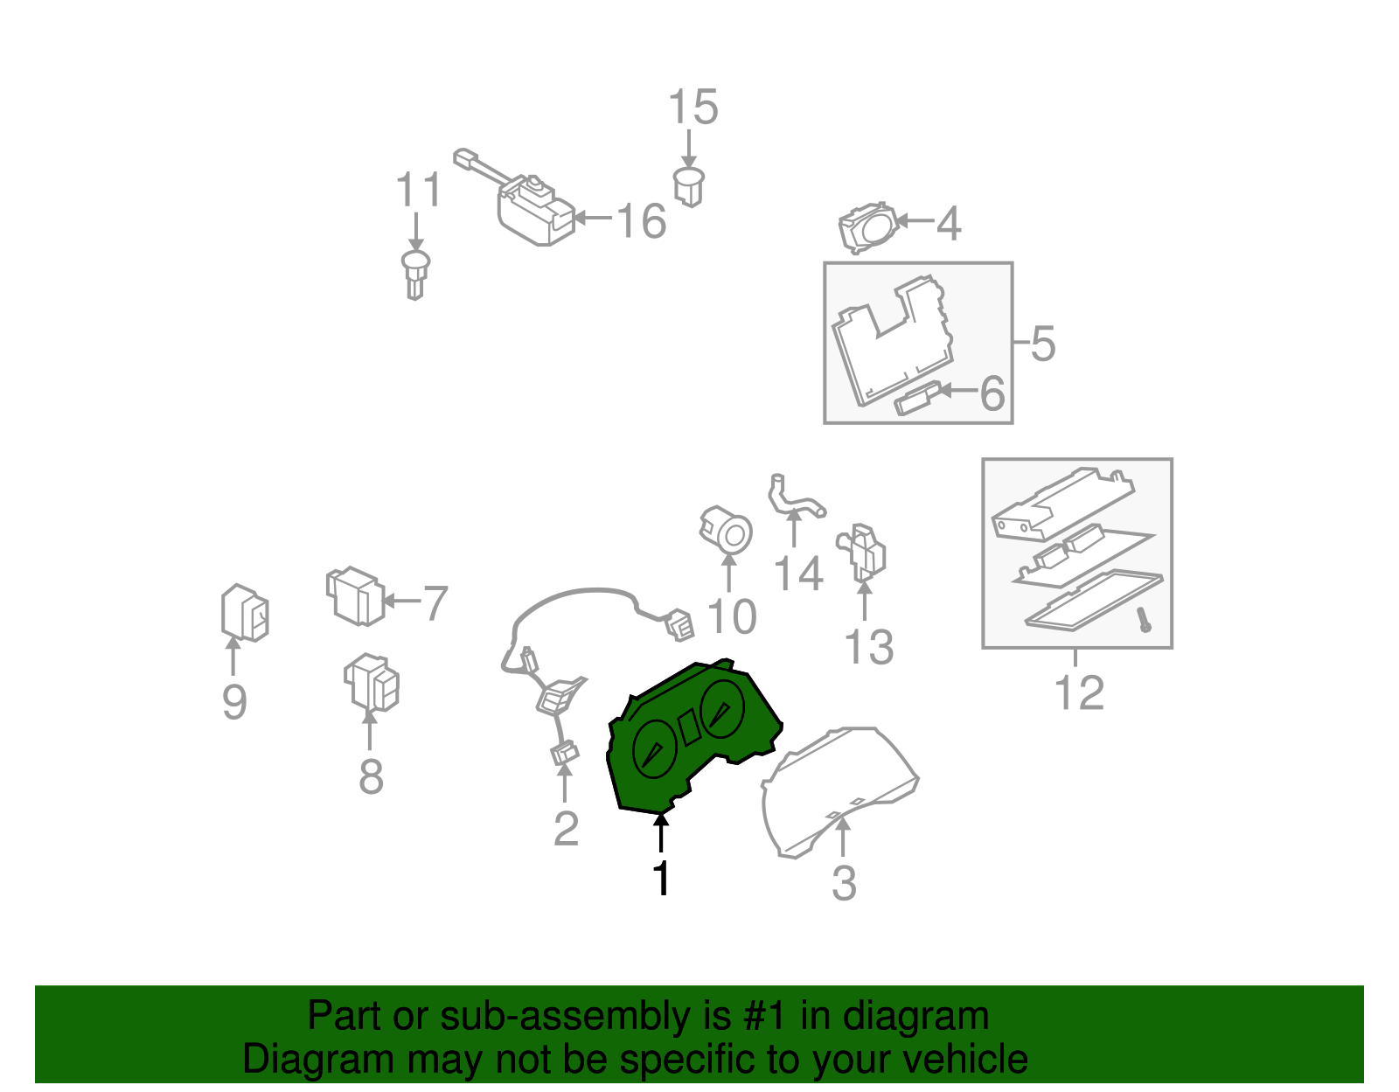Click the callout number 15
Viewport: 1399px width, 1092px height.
[693, 107]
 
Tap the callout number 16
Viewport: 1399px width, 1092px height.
[641, 220]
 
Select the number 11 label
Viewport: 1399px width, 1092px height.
[418, 189]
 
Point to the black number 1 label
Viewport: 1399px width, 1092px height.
[661, 877]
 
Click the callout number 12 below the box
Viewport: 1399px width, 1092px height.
[1079, 692]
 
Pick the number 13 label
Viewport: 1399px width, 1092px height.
[868, 647]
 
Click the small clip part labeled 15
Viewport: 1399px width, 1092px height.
[689, 186]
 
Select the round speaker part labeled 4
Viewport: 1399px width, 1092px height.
[868, 228]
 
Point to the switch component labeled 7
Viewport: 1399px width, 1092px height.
[355, 595]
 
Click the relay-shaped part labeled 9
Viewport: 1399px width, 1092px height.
[245, 613]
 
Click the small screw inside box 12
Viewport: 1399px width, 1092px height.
[1144, 620]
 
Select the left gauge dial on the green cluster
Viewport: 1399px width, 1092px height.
[655, 749]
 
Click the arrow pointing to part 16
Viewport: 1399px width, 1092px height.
[593, 219]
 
